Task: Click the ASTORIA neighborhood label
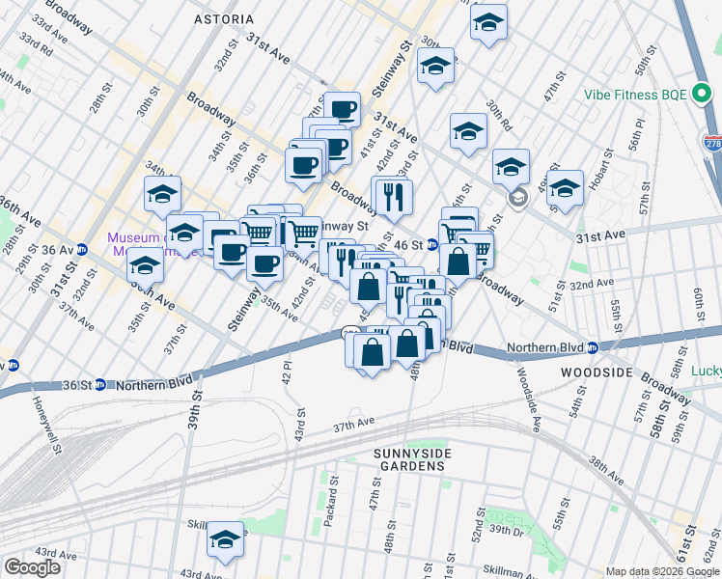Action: tap(224, 19)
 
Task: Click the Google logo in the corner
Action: tap(33, 567)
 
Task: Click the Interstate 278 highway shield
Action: tap(712, 143)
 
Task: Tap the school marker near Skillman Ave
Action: tap(225, 538)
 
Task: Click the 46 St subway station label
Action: tap(409, 245)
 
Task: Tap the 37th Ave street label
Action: tap(353, 424)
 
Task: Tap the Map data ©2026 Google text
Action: tap(662, 571)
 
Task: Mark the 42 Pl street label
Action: tap(287, 372)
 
